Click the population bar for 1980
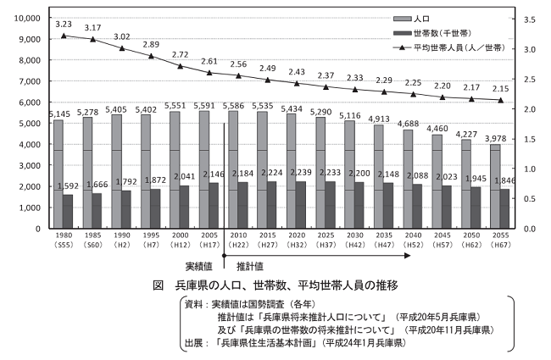pos(58,174)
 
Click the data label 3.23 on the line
pos(63,25)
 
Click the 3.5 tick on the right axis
pos(526,18)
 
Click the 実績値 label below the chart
pos(199,266)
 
